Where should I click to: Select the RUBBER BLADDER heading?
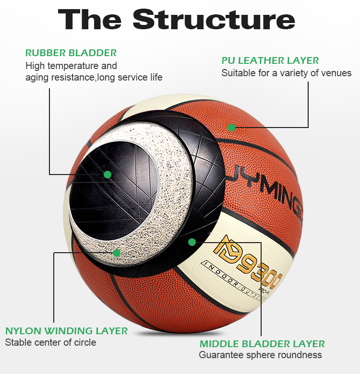(71, 53)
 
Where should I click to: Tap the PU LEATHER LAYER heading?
(270, 60)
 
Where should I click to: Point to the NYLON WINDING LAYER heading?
(66, 331)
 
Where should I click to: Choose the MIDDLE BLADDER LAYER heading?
(262, 344)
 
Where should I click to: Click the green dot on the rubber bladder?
(108, 175)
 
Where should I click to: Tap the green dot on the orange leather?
(231, 127)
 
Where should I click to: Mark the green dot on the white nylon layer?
(116, 253)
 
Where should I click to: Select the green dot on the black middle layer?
(192, 242)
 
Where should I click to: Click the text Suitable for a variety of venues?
(286, 73)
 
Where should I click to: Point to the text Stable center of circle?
(50, 342)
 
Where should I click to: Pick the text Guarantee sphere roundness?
(260, 355)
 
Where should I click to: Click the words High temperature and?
(71, 66)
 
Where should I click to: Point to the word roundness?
(299, 355)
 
